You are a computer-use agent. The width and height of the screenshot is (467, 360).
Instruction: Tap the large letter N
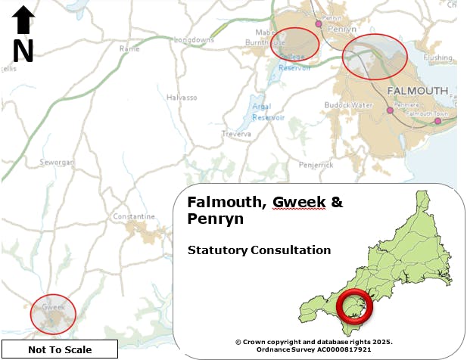[x=23, y=51]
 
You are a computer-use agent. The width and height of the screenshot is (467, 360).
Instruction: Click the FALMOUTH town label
[x=417, y=91]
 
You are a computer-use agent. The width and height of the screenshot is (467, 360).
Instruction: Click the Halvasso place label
[x=181, y=98]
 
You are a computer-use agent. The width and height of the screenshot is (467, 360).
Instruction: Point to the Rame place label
[x=129, y=49]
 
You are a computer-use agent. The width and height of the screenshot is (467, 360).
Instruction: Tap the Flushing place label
[x=437, y=57]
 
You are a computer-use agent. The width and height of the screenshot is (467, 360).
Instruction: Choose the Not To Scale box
[x=60, y=349]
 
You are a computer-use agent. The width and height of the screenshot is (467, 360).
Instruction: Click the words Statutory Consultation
[x=259, y=250]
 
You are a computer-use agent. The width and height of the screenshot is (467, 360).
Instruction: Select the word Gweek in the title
[x=299, y=203]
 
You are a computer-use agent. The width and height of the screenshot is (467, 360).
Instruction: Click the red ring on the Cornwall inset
[x=352, y=306]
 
